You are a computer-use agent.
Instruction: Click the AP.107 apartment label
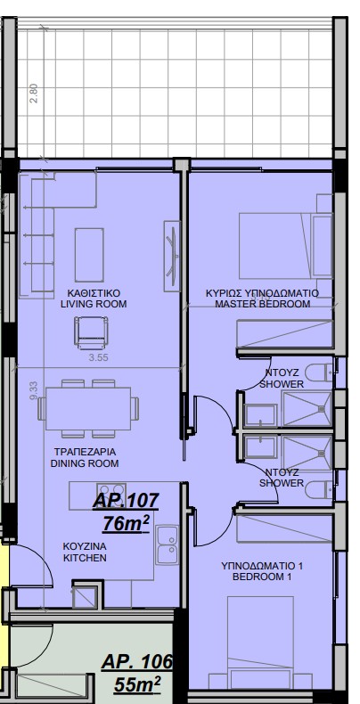(x=126, y=500)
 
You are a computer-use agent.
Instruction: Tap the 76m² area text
(x=126, y=523)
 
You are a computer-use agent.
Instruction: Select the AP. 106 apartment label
(x=137, y=662)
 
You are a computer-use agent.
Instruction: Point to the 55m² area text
(x=137, y=684)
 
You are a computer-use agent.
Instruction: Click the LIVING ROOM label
(x=94, y=304)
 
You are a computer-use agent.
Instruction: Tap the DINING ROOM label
(x=85, y=463)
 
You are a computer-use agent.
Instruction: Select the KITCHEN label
(x=85, y=558)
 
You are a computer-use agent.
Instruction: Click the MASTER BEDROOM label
(x=263, y=304)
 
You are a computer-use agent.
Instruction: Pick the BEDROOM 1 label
(x=261, y=577)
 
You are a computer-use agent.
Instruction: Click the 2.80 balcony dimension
(x=34, y=94)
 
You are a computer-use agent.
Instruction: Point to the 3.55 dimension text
(x=99, y=358)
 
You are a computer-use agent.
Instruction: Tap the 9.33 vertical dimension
(x=34, y=391)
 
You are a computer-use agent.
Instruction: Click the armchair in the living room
(x=91, y=332)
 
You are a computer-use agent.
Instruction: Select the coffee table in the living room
(x=89, y=255)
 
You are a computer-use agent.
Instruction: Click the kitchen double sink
(x=167, y=544)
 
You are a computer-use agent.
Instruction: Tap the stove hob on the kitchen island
(x=111, y=491)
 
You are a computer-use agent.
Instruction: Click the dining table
(x=88, y=408)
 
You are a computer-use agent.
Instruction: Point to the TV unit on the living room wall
(x=172, y=256)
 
